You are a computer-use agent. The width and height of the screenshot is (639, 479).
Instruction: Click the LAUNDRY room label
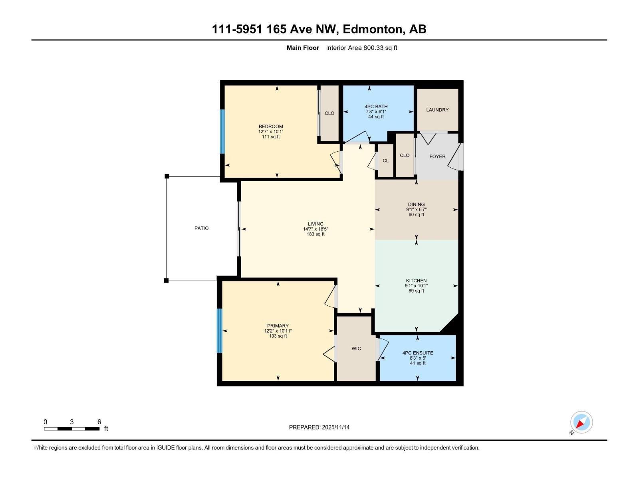pyautogui.click(x=437, y=110)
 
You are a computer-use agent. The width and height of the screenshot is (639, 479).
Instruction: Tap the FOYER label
pyautogui.click(x=437, y=156)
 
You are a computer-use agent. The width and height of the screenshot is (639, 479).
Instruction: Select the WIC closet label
pyautogui.click(x=356, y=348)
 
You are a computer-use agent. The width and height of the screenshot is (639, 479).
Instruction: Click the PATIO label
pyautogui.click(x=201, y=228)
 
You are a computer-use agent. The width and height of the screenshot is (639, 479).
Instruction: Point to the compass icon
pyautogui.click(x=581, y=422)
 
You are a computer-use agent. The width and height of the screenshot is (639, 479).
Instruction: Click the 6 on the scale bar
pyautogui.click(x=99, y=422)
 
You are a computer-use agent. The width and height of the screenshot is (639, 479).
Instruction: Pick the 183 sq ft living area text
pyautogui.click(x=316, y=234)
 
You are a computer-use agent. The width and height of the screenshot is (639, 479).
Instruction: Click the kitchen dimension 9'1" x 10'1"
pyautogui.click(x=416, y=286)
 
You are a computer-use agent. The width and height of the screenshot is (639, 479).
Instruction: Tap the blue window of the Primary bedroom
pyautogui.click(x=219, y=331)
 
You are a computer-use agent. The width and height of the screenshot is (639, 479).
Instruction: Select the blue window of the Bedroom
pyautogui.click(x=222, y=131)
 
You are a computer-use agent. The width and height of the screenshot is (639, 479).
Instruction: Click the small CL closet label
pyautogui.click(x=385, y=160)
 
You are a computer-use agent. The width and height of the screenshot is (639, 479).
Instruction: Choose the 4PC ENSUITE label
pyautogui.click(x=418, y=353)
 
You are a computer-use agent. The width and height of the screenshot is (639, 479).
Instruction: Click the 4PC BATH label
pyautogui.click(x=376, y=107)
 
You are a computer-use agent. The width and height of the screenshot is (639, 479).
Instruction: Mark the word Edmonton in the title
pyautogui.click(x=373, y=29)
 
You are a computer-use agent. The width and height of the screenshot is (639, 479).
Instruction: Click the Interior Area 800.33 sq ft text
pyautogui.click(x=361, y=48)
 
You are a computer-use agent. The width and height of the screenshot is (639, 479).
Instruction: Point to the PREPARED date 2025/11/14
pyautogui.click(x=335, y=427)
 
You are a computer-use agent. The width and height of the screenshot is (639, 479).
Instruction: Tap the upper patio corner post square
pyautogui.click(x=167, y=176)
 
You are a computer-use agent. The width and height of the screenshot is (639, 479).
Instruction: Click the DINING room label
pyautogui.click(x=416, y=204)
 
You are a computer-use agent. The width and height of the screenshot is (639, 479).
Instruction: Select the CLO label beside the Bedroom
pyautogui.click(x=329, y=113)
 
